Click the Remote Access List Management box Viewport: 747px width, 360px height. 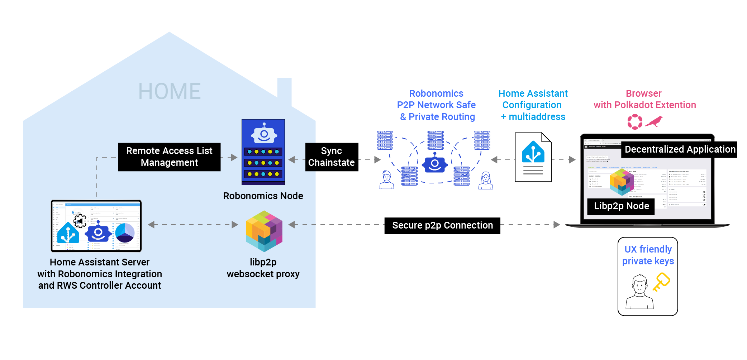(x=169, y=157)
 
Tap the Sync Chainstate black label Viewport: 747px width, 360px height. (x=332, y=157)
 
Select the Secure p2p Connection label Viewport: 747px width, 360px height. (x=442, y=226)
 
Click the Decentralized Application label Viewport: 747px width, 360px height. (x=680, y=149)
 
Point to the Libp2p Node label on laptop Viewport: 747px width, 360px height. (x=621, y=206)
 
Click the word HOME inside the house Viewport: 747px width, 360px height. (x=169, y=91)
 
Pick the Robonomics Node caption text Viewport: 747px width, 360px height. (x=263, y=196)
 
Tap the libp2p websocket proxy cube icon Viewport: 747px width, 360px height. (x=264, y=231)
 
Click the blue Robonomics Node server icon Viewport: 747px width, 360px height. (x=263, y=152)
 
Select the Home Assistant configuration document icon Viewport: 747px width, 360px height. (x=533, y=157)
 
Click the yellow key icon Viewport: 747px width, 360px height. (x=661, y=282)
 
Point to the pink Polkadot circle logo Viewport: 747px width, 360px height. (x=635, y=122)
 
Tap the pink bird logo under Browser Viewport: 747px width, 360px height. (x=654, y=122)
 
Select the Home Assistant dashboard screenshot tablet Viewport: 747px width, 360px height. (x=96, y=226)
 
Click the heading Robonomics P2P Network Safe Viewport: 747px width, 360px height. (x=436, y=105)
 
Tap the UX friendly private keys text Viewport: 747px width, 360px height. (x=648, y=255)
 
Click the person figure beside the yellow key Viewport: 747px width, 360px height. (x=639, y=292)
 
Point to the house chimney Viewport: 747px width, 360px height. (x=284, y=91)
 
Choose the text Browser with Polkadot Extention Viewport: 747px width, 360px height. (x=644, y=99)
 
